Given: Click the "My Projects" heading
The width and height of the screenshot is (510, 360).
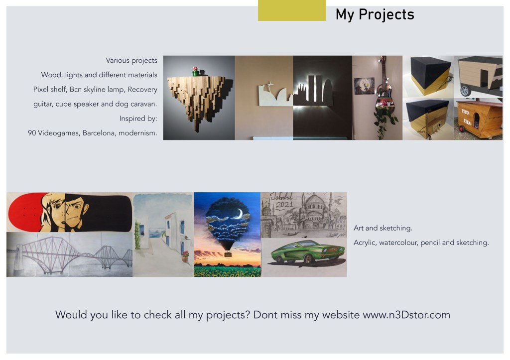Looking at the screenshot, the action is pos(375,14).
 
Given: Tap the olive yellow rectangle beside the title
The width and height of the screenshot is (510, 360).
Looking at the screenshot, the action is pos(292,10).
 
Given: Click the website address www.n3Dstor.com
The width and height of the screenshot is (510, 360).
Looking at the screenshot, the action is pos(406,315).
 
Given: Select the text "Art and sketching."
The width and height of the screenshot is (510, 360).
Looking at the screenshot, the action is pos(383,228).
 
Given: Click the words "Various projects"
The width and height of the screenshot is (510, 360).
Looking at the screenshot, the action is pos(131,60).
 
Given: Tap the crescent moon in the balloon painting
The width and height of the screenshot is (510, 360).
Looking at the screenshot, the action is pos(240,214).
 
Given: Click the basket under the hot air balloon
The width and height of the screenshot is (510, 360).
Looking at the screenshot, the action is pos(228,253).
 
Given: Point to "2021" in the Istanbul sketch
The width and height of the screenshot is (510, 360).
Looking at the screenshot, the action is pos(284,205).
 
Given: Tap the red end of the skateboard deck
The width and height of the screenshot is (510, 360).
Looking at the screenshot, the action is pos(25,212).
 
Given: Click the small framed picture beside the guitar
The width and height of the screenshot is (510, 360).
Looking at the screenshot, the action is pos(364,86).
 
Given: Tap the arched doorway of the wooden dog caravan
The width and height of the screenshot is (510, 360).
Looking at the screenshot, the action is pos(476,120).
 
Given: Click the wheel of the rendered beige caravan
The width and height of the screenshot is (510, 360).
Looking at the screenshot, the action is pos(466,91).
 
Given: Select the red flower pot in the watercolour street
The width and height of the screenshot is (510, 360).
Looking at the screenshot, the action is pos(185,257).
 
